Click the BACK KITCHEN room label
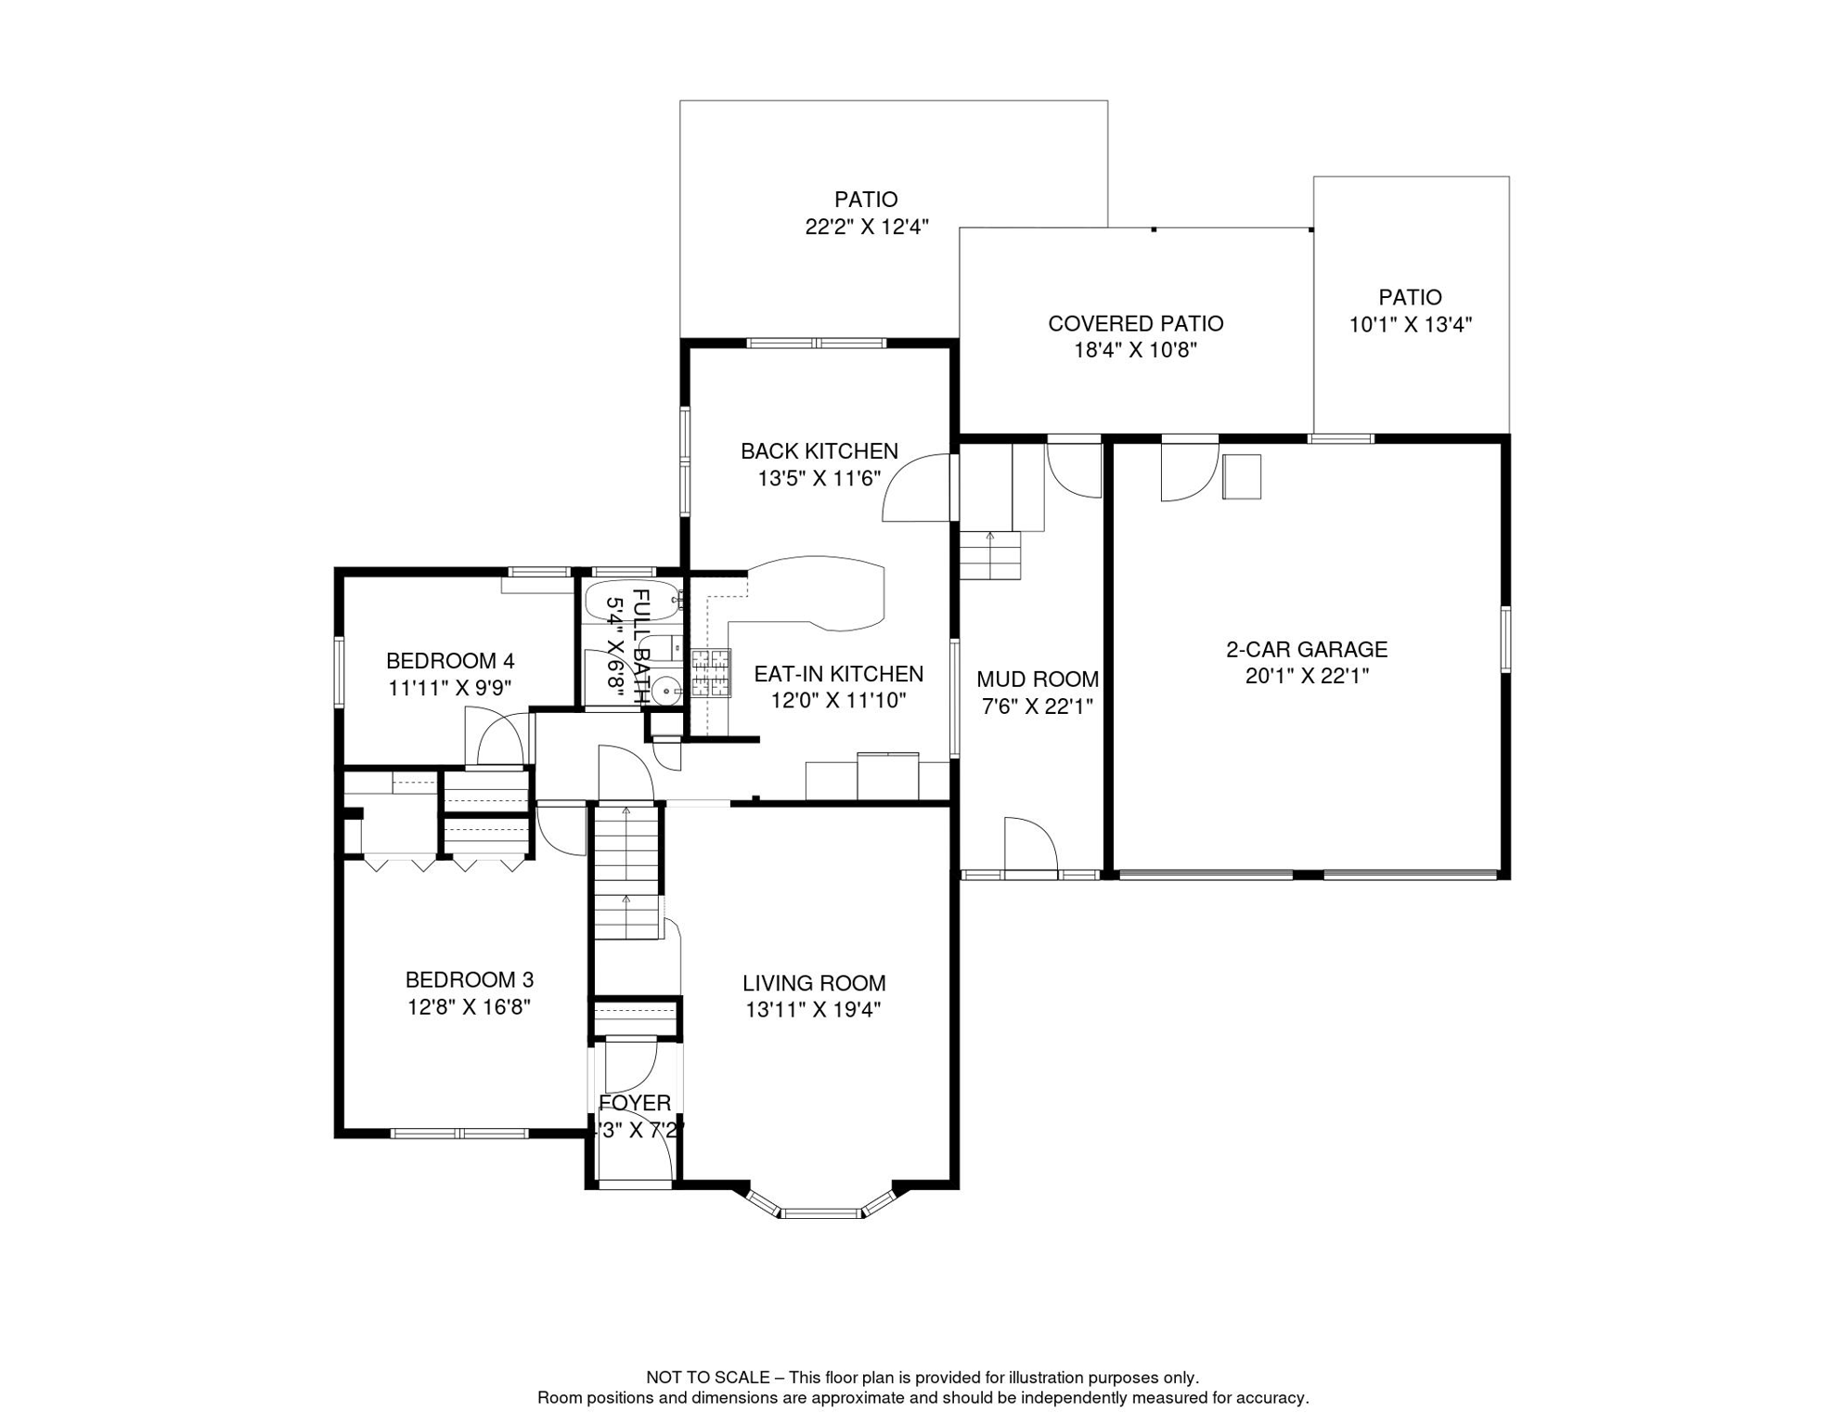coord(819,451)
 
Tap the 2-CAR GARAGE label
coord(1306,649)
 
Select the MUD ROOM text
coord(1037,679)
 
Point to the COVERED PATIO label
coord(1135,323)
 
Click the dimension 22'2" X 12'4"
coord(866,227)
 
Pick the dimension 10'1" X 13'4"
coord(1410,325)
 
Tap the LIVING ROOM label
coord(813,982)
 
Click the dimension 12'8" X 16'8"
coord(469,1006)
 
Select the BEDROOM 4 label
coord(449,661)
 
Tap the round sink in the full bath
coord(665,692)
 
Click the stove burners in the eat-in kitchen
coord(711,673)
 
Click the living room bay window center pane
coord(820,1212)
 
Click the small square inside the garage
coord(1241,476)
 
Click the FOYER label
coord(635,1103)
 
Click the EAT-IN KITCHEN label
coord(837,674)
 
